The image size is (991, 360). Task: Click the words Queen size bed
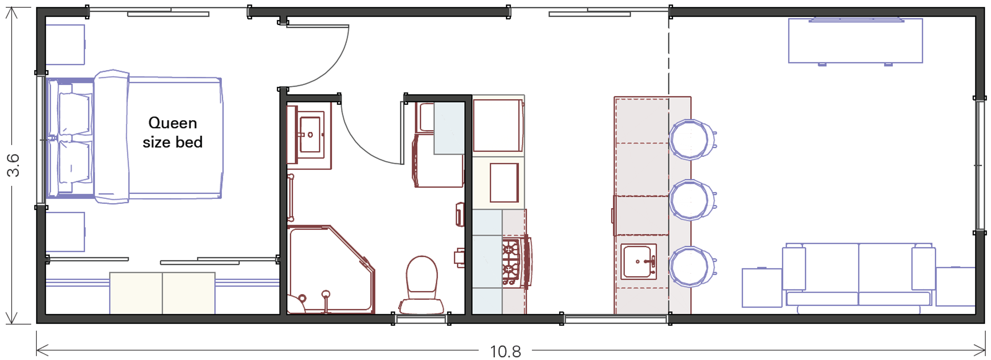click(173, 133)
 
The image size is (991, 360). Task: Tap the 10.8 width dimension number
click(505, 352)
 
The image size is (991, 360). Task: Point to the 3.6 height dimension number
click(13, 165)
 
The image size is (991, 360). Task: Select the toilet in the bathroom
click(422, 285)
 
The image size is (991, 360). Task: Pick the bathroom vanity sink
click(310, 135)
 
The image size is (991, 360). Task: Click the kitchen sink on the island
click(638, 262)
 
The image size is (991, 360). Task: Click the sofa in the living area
click(859, 277)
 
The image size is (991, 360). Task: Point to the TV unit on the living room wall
click(855, 40)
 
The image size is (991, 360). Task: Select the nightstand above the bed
click(65, 45)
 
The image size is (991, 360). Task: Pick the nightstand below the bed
click(65, 232)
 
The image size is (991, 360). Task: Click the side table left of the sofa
click(762, 288)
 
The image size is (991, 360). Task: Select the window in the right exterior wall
click(980, 165)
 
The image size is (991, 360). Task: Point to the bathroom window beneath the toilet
click(421, 319)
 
